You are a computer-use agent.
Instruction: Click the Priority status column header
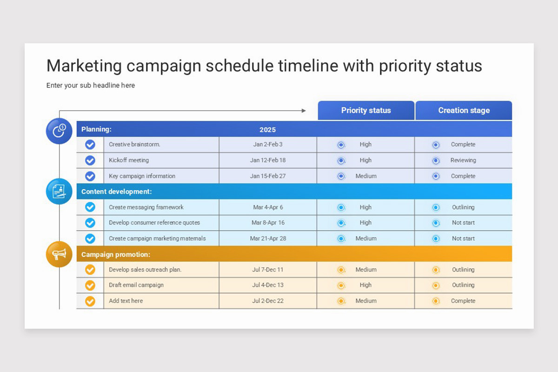[366, 111]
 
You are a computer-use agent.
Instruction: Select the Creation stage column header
[464, 111]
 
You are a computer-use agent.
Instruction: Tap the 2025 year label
[267, 130]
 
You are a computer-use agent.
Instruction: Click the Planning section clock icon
[59, 131]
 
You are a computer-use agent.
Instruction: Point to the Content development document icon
[59, 191]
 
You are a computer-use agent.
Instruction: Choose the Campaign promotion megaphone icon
[59, 254]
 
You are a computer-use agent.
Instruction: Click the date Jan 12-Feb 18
[268, 160]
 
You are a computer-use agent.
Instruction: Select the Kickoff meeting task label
[129, 160]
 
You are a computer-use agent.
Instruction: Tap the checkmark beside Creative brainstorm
[90, 145]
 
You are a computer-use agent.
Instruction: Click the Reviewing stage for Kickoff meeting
[463, 160]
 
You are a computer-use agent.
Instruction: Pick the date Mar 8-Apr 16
[268, 223]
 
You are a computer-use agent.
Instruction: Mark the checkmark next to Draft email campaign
[90, 285]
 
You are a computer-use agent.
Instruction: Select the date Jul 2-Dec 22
[268, 301]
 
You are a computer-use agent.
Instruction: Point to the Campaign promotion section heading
[116, 254]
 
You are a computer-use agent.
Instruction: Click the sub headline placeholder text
[91, 86]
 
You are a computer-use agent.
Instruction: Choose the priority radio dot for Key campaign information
[341, 176]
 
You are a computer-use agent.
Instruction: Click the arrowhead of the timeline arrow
[304, 111]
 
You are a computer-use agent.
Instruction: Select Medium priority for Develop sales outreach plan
[366, 270]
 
